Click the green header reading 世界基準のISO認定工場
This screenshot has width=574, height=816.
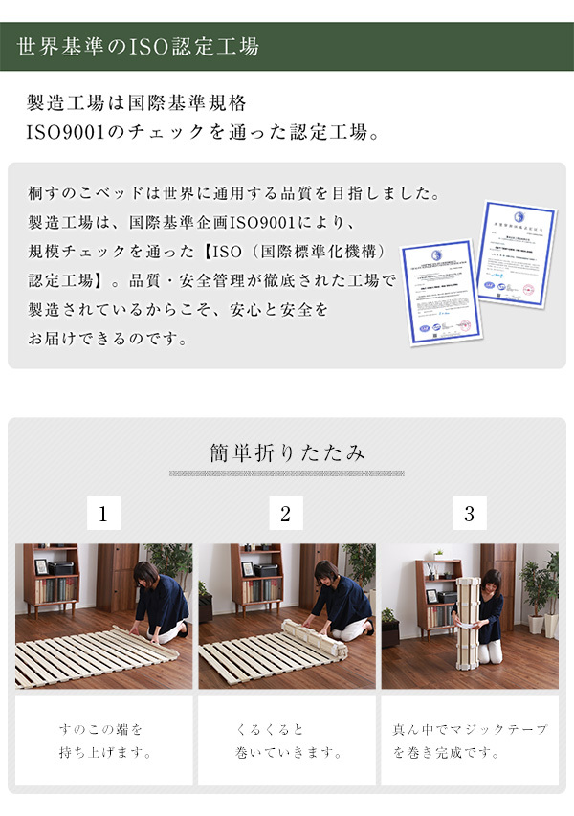[138, 47]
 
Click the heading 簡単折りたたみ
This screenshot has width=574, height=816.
[286, 452]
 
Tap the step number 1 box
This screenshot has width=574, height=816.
[103, 513]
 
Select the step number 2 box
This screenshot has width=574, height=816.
[285, 513]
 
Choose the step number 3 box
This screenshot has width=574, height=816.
[469, 513]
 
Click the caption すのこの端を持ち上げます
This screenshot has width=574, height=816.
[103, 740]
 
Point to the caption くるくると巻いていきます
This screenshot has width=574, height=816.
[286, 740]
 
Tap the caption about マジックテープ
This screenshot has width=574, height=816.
[469, 740]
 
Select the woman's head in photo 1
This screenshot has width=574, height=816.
[146, 576]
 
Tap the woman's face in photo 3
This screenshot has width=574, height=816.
[491, 584]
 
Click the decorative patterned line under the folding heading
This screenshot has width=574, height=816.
[286, 474]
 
